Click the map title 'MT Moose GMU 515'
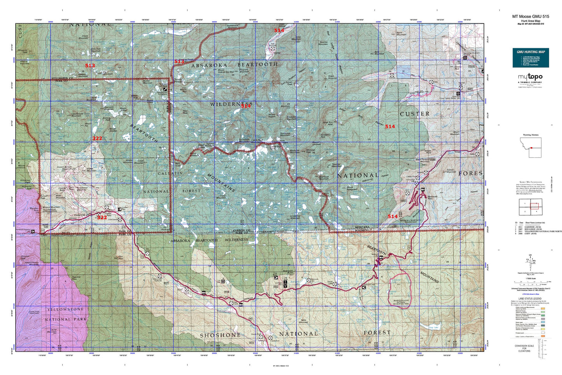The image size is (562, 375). tap(530, 16)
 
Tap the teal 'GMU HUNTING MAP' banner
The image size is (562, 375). tap(530, 51)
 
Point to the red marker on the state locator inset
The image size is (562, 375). tap(531, 148)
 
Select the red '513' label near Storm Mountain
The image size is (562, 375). tap(90, 65)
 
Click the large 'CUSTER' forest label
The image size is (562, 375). tap(415, 114)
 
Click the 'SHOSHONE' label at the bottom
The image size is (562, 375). tap(220, 335)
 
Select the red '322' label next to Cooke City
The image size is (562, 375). tap(102, 217)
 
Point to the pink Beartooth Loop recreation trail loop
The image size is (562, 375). tap(400, 290)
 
